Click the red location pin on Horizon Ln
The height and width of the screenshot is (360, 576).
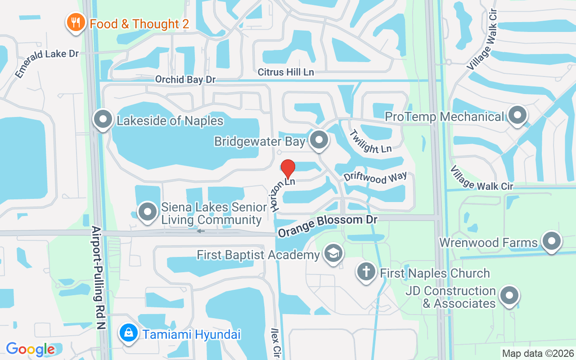pyautogui.click(x=288, y=169)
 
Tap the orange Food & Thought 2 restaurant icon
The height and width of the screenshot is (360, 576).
pyautogui.click(x=76, y=22)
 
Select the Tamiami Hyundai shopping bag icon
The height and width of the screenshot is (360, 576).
pyautogui.click(x=129, y=333)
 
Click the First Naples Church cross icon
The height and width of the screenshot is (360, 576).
pyautogui.click(x=366, y=272)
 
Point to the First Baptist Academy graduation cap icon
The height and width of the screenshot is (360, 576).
pyautogui.click(x=333, y=253)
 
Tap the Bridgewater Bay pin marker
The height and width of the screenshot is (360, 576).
pyautogui.click(x=319, y=139)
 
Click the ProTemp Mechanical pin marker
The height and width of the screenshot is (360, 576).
pyautogui.click(x=517, y=115)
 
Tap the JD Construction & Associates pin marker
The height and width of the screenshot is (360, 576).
pyautogui.click(x=509, y=296)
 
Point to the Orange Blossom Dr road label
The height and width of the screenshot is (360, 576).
pyautogui.click(x=327, y=226)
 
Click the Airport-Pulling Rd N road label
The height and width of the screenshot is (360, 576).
pyautogui.click(x=99, y=277)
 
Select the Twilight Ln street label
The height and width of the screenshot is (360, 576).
pyautogui.click(x=370, y=141)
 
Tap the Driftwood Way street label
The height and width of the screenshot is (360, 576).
pyautogui.click(x=375, y=177)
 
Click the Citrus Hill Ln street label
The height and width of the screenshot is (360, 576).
pyautogui.click(x=286, y=72)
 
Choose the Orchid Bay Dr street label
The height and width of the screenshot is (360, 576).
pyautogui.click(x=185, y=80)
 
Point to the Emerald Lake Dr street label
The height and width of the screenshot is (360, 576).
pyautogui.click(x=46, y=63)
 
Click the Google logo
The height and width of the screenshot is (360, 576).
pyautogui.click(x=30, y=349)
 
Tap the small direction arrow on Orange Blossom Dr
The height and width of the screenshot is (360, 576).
pyautogui.click(x=201, y=231)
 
